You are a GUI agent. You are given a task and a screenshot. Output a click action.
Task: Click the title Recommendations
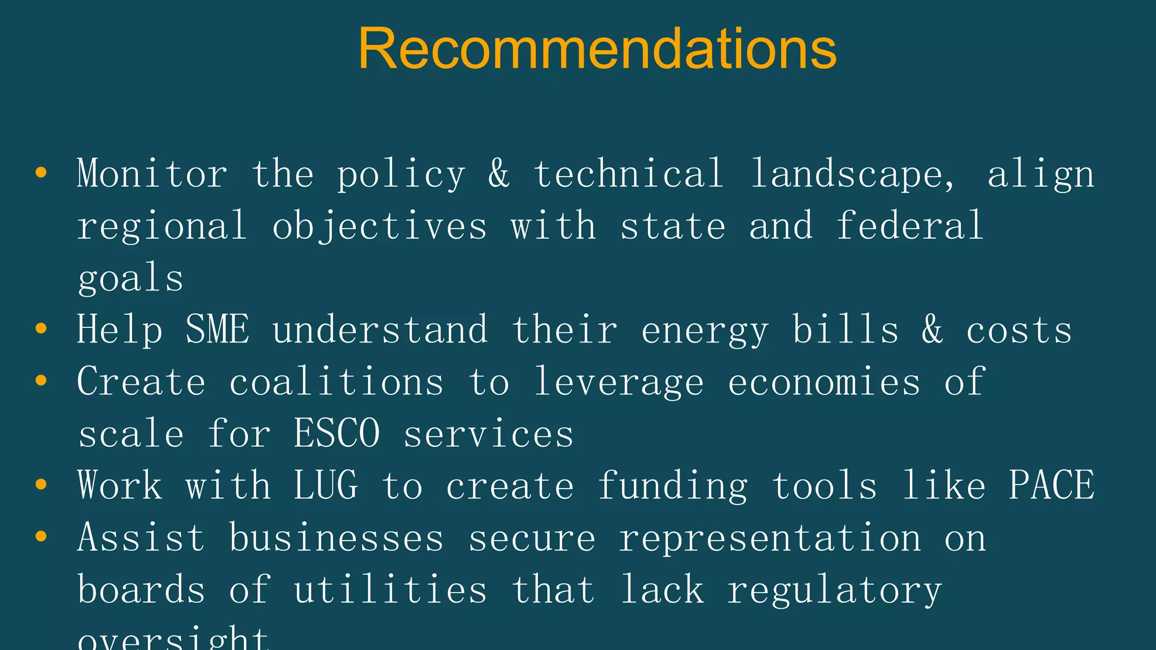click(597, 49)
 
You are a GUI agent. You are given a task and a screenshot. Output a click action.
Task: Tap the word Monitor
click(152, 174)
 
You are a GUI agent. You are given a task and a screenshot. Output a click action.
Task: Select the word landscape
click(852, 174)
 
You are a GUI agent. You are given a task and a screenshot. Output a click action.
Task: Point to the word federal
click(910, 226)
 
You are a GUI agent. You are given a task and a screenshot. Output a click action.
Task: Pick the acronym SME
click(217, 330)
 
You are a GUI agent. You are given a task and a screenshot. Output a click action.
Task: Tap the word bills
click(846, 330)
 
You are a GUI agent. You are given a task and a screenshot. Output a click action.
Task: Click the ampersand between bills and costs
click(932, 330)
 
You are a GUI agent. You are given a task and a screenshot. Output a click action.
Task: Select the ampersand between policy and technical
click(499, 174)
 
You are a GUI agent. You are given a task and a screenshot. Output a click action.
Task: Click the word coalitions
click(336, 382)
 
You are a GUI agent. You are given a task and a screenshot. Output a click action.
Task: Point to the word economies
click(824, 382)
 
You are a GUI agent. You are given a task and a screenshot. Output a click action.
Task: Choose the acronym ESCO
click(337, 434)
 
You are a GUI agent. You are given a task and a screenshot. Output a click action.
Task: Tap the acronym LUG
click(326, 485)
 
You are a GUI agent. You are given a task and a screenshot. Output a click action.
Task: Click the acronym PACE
click(1052, 485)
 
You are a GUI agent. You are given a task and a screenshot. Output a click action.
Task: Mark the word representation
click(770, 538)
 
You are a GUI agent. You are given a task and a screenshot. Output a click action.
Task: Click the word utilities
click(391, 590)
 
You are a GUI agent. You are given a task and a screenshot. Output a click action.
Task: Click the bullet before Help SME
click(41, 328)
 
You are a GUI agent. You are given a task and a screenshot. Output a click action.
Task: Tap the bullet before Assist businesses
click(41, 536)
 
